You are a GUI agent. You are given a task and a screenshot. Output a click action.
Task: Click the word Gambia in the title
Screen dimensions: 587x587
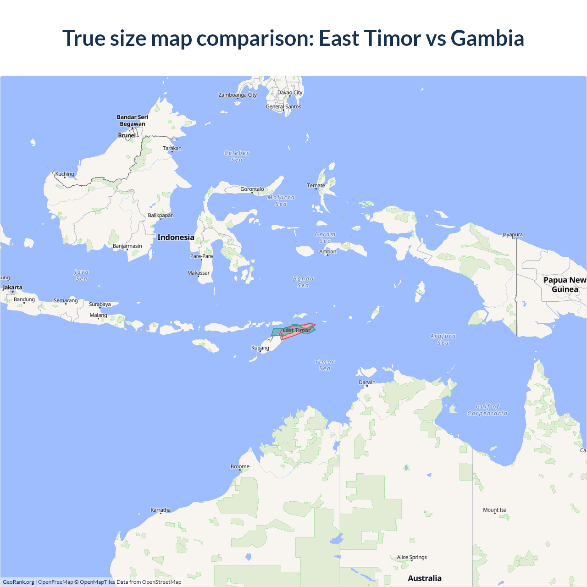point(487,38)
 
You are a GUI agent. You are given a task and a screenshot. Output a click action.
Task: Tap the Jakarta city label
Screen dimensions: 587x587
point(12,288)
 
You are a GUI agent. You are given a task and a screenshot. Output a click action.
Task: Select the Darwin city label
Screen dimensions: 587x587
point(367,382)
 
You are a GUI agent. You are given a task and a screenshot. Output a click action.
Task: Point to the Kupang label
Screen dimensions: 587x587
point(260,348)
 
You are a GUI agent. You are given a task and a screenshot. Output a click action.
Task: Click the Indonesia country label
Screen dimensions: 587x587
point(176,237)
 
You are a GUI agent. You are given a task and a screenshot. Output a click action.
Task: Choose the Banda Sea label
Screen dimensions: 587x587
point(303,282)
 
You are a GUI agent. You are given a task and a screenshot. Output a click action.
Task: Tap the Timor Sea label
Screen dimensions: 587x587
point(325,365)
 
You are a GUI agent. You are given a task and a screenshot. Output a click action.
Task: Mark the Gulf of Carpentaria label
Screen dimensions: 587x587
point(487,410)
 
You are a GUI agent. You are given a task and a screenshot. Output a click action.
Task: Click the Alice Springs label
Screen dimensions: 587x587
point(412,557)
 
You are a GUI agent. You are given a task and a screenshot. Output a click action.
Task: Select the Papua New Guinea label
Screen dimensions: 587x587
point(565,284)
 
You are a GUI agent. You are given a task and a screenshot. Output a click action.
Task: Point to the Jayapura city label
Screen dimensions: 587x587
point(512,235)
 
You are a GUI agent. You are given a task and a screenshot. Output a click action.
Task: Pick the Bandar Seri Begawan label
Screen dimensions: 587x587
point(133,120)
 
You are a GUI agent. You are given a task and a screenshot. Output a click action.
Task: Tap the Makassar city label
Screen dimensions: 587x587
point(198,273)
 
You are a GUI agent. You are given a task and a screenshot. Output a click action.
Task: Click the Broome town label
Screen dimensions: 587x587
point(240,466)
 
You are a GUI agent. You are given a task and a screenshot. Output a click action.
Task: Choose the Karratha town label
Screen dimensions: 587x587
point(161,510)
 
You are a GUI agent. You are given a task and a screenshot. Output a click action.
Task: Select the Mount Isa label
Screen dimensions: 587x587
point(494,510)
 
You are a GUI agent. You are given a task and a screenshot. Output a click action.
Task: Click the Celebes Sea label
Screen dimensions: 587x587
point(237,156)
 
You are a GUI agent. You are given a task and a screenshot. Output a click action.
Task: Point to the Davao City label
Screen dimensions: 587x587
point(290,93)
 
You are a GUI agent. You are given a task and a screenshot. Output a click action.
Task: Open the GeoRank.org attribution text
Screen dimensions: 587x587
point(18,582)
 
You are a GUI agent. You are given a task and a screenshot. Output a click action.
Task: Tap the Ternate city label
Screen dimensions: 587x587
point(316,186)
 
